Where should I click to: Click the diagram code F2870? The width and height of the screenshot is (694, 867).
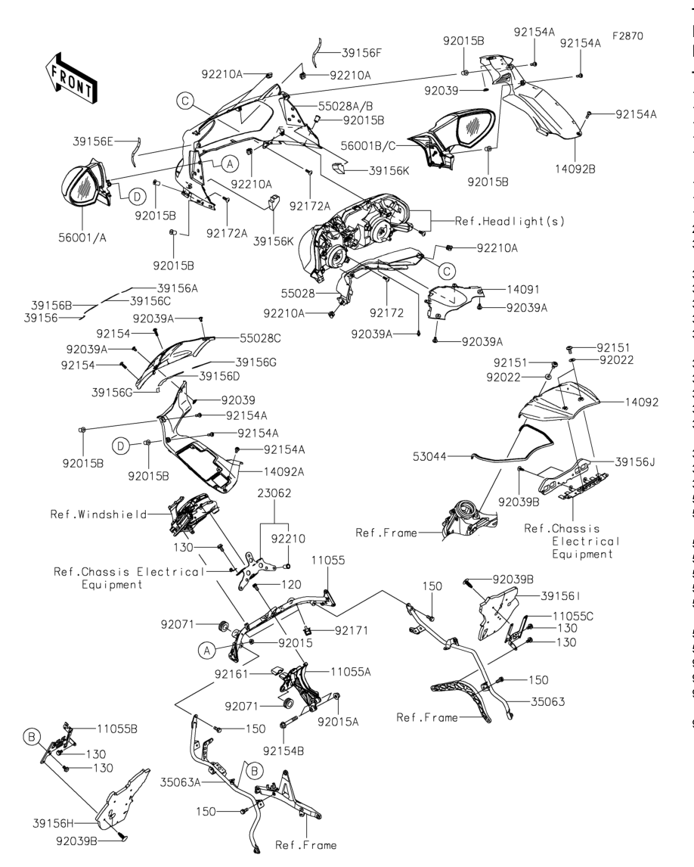pos(627,36)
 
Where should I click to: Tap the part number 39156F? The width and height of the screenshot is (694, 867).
pos(362,53)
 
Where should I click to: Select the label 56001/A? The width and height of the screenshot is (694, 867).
pos(82,238)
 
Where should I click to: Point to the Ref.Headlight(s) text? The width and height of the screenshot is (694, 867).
pos(510,221)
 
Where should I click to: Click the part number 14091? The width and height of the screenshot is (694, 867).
pos(523,289)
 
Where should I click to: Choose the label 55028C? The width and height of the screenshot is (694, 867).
pos(260,338)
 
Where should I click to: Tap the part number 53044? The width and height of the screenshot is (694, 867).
pos(429,457)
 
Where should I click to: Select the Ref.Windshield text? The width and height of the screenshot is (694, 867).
pos(99,514)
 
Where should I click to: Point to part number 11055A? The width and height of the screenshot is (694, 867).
pos(351,672)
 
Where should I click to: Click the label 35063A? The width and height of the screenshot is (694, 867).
pos(180,782)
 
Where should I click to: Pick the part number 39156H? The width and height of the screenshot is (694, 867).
pos(53,823)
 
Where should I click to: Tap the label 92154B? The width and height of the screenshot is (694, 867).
pos(283,751)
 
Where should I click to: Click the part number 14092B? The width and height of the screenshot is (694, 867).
pos(575,169)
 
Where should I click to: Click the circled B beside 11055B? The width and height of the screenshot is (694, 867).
pos(32,737)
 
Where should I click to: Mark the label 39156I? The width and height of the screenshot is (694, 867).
pos(560,595)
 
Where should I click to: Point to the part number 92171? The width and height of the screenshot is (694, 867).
pos(352,630)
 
